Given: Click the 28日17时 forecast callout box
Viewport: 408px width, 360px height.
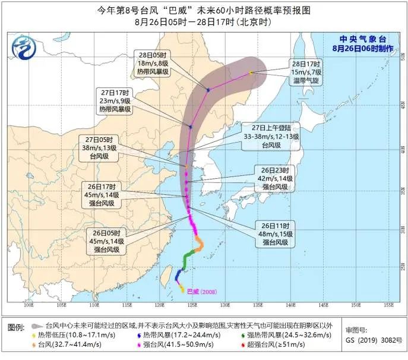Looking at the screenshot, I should tap(306, 72).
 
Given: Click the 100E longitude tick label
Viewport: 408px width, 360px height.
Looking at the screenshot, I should tap(27, 305).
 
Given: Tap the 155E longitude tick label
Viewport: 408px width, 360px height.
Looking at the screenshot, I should tap(388, 305).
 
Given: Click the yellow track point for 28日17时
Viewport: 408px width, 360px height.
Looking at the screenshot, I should tap(251, 72).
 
